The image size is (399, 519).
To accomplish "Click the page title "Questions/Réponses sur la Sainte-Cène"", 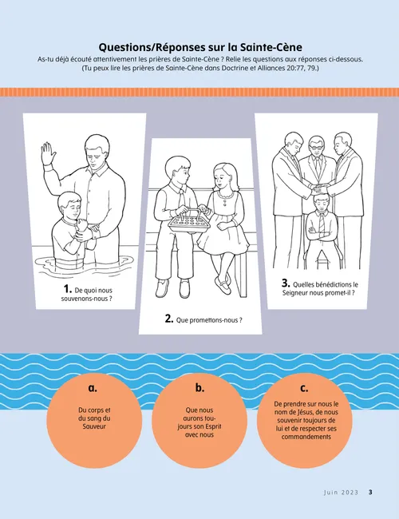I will pyautogui.click(x=199, y=46).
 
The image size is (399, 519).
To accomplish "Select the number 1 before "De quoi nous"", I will pyautogui.click(x=68, y=289).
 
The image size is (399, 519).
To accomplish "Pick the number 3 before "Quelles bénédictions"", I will pyautogui.click(x=286, y=283).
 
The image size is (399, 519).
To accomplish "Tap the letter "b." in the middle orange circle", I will pyautogui.click(x=199, y=388).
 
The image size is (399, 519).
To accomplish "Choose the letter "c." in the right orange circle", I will pyautogui.click(x=304, y=388).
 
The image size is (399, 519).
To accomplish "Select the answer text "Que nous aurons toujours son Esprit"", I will pyautogui.click(x=199, y=423).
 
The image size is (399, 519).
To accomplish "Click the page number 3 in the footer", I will pyautogui.click(x=370, y=493).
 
